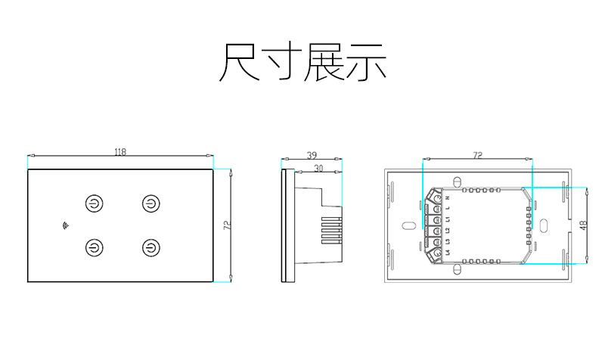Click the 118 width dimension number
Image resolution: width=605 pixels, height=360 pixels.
tap(120, 152)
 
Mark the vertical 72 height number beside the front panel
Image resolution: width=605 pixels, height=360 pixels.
tap(225, 225)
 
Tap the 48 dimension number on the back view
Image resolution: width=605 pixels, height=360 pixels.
tap(582, 225)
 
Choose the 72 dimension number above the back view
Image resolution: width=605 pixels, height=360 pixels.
tap(477, 155)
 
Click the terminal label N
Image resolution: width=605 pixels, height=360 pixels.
tap(448, 198)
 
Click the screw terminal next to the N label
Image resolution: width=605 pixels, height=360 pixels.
tap(437, 198)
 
